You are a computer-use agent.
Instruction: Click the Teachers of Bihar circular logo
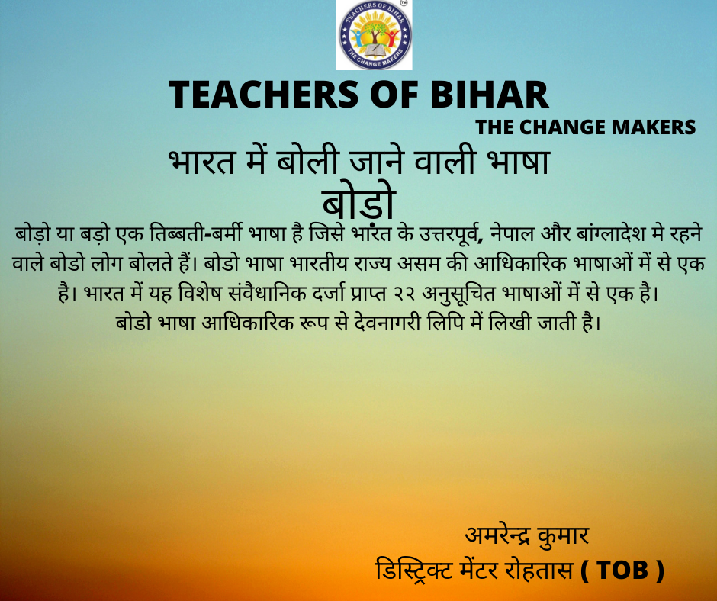coord(375,35)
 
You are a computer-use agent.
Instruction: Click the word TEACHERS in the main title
coord(264,95)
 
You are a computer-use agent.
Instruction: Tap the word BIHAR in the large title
coord(489,95)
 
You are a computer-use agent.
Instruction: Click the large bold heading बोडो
coord(358,203)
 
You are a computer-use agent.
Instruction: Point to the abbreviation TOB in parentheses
coord(622,570)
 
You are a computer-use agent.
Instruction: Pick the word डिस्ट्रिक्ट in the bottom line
coord(414,570)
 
